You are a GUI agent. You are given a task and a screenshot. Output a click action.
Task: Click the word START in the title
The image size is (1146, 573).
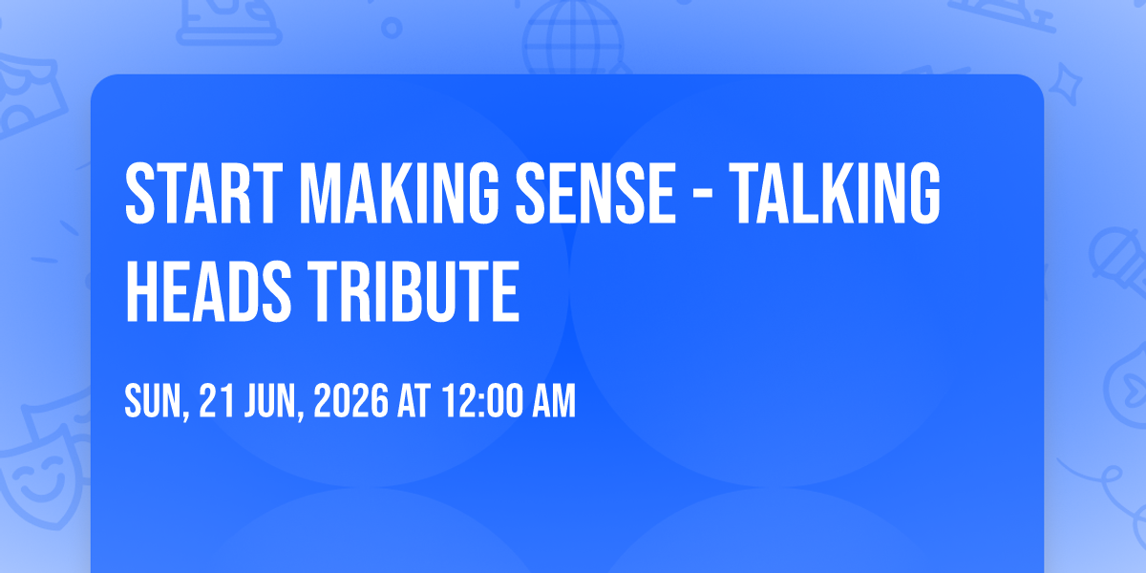point(203,193)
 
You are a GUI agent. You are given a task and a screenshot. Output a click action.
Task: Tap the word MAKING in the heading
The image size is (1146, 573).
point(398,193)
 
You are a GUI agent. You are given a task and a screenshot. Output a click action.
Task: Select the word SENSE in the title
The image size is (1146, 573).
point(596,193)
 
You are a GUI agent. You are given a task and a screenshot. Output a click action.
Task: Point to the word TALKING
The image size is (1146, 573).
point(835,193)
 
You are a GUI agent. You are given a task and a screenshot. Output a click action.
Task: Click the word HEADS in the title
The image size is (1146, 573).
point(208,291)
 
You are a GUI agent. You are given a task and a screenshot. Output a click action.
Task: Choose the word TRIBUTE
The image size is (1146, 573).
point(414,291)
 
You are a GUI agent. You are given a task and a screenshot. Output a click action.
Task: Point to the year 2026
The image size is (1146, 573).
point(351,401)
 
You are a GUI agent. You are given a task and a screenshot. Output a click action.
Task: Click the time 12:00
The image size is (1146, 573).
point(482,401)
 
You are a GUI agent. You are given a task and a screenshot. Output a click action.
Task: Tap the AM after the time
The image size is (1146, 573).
point(554,401)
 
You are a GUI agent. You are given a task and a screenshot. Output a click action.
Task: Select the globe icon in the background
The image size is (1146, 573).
point(573,37)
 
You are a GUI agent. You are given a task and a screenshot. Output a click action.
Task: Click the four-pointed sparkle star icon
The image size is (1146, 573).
point(1065,85)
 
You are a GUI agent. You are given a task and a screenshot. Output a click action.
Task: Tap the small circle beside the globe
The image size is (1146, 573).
point(392,28)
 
